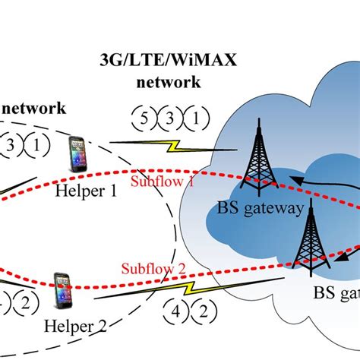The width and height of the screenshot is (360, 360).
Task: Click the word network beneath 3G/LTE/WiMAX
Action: [x=168, y=82]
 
